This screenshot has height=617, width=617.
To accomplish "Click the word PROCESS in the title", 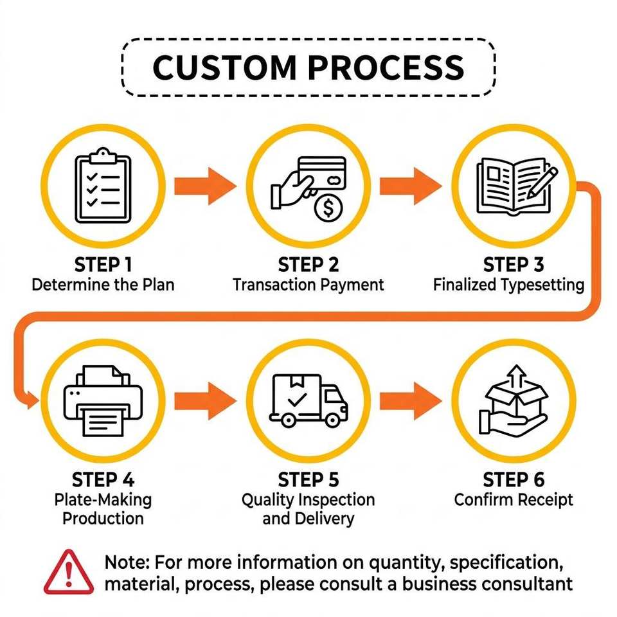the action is point(386,67).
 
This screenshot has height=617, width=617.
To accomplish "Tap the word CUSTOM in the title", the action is point(224,67).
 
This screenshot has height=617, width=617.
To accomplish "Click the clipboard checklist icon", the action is point(103,186).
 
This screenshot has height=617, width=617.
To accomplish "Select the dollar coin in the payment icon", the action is point(328,208).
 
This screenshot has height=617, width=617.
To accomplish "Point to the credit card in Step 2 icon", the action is point(322,173).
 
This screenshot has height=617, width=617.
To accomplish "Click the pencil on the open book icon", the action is point(542,183).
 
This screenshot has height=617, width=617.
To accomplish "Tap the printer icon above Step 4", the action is point(103,401).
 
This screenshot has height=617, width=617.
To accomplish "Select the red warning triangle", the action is point(69,572).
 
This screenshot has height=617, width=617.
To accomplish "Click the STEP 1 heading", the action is point(103,264).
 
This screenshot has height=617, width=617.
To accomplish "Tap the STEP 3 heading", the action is point(514,264).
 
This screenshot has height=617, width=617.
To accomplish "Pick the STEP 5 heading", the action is point(308,479).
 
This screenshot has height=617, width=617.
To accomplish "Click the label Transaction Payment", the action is point(308,285).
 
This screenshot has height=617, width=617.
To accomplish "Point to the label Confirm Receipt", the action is point(514,500).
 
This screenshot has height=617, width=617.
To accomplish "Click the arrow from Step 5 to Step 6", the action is point(411,401).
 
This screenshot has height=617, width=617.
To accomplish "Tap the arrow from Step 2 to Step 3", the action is point(411,186).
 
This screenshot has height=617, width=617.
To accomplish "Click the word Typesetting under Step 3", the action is point(542,285).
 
